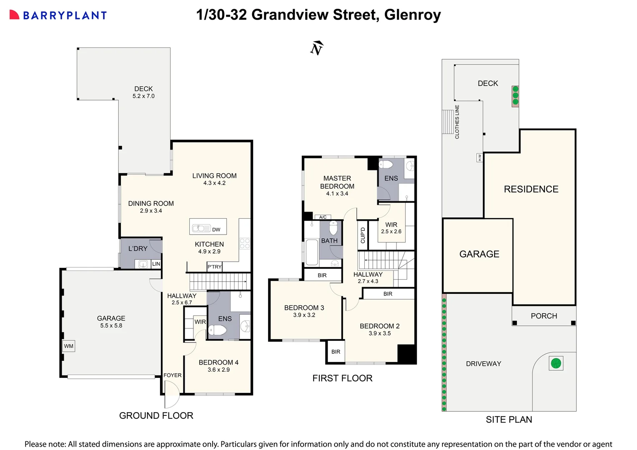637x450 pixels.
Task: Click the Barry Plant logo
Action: click(x=58, y=15)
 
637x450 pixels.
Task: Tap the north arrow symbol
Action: click(x=317, y=48)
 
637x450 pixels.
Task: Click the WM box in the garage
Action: click(x=69, y=346)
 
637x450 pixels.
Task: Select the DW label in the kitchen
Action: click(x=216, y=230)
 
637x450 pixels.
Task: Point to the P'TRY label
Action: click(x=215, y=267)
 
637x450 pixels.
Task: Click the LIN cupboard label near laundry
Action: click(x=156, y=264)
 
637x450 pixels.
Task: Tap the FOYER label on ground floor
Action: click(x=172, y=375)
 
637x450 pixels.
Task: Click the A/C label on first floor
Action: click(x=323, y=217)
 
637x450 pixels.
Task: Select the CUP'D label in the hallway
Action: click(x=363, y=235)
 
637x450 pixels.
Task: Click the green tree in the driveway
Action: click(x=556, y=363)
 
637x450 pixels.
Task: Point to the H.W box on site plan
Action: click(x=479, y=157)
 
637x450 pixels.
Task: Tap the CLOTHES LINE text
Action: click(x=457, y=122)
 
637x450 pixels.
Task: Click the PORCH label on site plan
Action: click(x=544, y=316)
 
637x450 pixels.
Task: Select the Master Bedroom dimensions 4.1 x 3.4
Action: click(x=337, y=193)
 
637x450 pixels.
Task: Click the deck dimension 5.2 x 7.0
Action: click(x=143, y=96)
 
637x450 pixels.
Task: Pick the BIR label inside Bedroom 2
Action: click(x=388, y=294)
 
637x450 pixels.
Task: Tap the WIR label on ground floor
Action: click(x=200, y=322)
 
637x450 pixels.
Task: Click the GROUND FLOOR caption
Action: click(x=156, y=415)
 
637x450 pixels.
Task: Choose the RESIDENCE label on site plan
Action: click(x=531, y=189)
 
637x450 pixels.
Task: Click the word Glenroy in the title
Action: click(x=412, y=15)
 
